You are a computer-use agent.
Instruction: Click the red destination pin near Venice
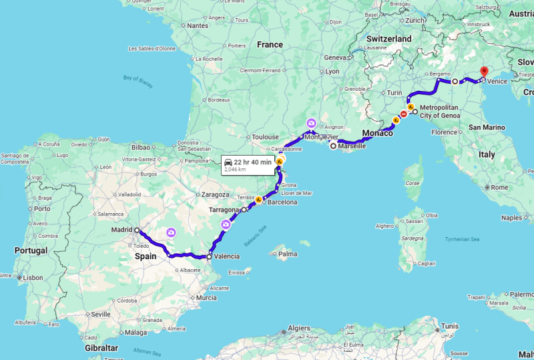click(485, 71)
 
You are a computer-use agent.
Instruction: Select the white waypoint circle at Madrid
click(137, 230)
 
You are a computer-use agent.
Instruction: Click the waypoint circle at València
click(209, 256)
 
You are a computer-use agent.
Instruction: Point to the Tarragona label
click(224, 210)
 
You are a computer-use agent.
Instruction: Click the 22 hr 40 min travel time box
click(248, 165)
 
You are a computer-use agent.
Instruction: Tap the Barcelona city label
click(282, 202)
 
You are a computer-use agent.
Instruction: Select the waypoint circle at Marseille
click(333, 146)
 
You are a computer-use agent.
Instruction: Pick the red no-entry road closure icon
click(404, 114)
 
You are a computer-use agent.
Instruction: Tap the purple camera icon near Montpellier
click(311, 123)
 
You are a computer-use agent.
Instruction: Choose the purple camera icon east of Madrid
click(172, 232)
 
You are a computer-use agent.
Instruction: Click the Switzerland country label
click(389, 39)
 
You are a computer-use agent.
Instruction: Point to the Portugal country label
click(31, 250)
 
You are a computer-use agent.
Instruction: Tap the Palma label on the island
click(288, 254)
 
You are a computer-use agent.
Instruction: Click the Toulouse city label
click(265, 136)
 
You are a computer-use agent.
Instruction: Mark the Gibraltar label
click(101, 348)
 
